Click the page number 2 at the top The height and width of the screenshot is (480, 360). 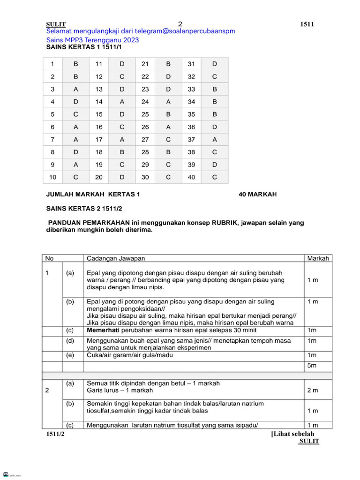(180, 24)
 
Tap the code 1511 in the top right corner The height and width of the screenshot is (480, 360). (307, 24)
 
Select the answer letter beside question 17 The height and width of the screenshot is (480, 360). (122, 139)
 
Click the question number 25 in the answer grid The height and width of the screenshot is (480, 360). (145, 114)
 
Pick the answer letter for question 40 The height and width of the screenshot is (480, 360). (215, 177)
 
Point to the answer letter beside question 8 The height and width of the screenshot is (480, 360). (76, 152)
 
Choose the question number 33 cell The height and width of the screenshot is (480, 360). (191, 89)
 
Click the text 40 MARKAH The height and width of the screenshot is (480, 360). (257, 195)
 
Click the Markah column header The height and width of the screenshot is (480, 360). (318, 258)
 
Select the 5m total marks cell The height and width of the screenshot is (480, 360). (312, 365)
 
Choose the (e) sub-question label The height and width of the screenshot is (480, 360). (70, 355)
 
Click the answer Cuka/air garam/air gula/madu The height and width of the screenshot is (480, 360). (130, 355)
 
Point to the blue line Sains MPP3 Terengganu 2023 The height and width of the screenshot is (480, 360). (92, 40)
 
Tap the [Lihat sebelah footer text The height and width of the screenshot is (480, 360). (292, 434)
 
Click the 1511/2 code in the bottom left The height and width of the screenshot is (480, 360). (55, 435)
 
